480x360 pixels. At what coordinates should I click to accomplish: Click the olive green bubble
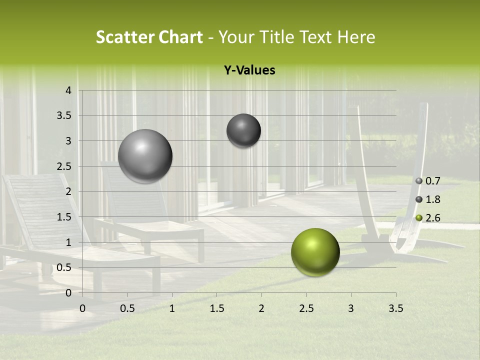click(315, 252)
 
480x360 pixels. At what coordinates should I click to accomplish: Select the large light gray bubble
click(145, 156)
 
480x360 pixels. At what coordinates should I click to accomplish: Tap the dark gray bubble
click(243, 130)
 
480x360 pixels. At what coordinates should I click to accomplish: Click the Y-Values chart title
click(249, 70)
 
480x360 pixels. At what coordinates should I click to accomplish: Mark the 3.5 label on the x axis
click(395, 308)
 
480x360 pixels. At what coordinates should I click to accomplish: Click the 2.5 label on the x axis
click(306, 308)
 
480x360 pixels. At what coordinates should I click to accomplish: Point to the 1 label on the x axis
click(172, 308)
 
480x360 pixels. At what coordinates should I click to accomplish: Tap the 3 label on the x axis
click(351, 308)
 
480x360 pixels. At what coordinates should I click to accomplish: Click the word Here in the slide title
click(356, 37)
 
